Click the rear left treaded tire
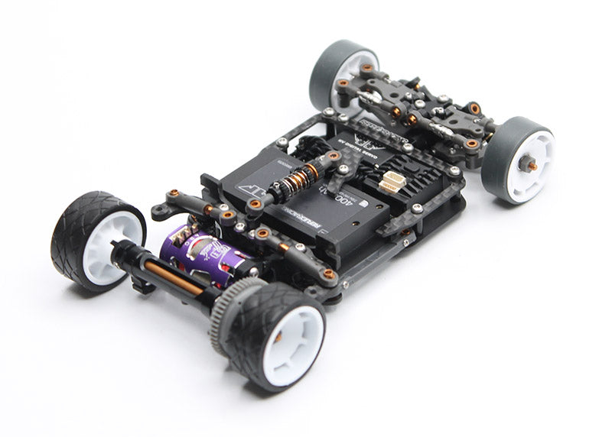[x=76, y=229]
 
